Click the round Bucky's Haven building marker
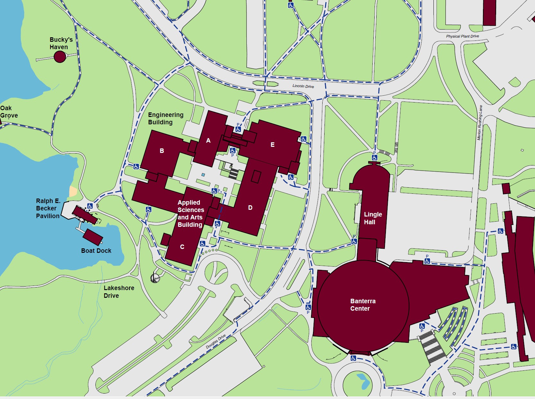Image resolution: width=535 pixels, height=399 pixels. [60, 57]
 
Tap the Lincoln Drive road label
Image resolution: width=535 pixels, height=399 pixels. [303, 86]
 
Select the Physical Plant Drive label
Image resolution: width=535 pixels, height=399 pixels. [462, 36]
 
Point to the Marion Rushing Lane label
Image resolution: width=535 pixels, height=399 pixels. [479, 123]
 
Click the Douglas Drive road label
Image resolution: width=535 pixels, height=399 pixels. [216, 341]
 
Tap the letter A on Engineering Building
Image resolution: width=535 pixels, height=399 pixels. [208, 140]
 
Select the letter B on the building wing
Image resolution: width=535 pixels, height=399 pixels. [162, 151]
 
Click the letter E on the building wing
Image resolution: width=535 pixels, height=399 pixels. [272, 145]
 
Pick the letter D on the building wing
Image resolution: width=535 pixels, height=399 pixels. [250, 208]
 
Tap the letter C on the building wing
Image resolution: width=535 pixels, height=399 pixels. [182, 247]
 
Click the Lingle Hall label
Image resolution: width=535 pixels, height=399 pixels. [373, 218]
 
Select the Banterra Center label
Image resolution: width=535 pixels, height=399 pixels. [362, 305]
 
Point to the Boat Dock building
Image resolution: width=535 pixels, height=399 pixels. [93, 237]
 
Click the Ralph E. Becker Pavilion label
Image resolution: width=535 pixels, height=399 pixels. [48, 208]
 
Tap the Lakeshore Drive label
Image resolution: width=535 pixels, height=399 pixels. [119, 292]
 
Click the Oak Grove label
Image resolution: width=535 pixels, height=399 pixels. [9, 112]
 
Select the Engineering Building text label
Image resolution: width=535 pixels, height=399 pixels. [165, 118]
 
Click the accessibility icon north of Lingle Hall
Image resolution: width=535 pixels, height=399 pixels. [375, 158]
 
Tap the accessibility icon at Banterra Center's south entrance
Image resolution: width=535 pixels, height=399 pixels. [353, 358]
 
